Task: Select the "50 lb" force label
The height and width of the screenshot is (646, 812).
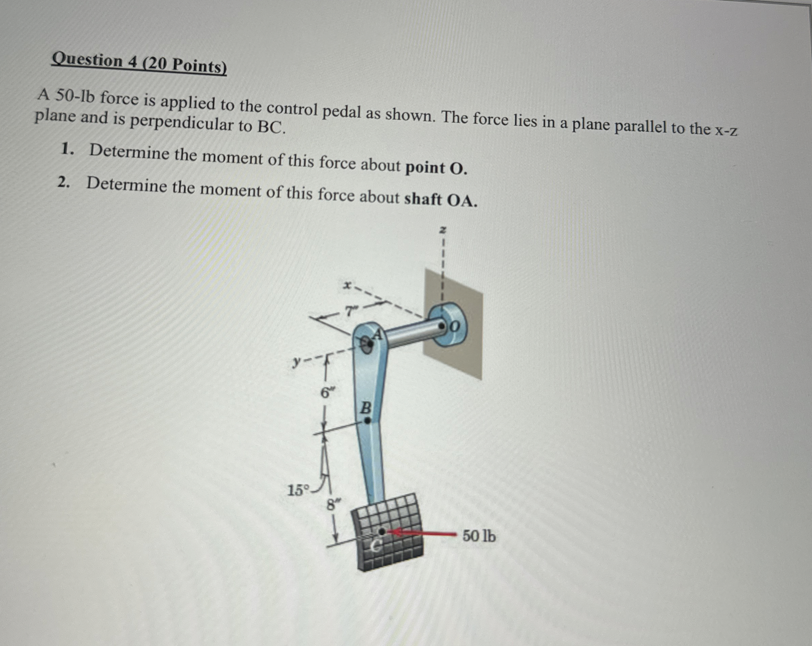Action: click(x=479, y=535)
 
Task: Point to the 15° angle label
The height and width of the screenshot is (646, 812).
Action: click(x=298, y=490)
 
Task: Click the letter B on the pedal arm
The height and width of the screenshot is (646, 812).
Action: click(x=366, y=407)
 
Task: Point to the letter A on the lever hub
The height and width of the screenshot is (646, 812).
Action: click(x=379, y=333)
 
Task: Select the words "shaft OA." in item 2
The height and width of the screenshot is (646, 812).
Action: click(x=441, y=200)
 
